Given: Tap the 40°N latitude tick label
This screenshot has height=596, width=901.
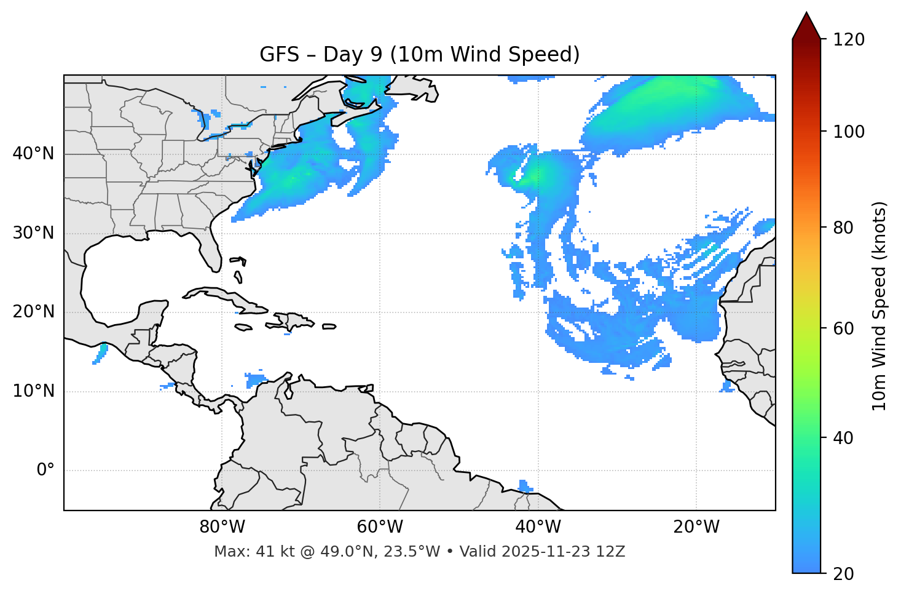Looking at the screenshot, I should coord(33,154).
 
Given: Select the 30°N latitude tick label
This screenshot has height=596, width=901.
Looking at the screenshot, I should coord(33,233).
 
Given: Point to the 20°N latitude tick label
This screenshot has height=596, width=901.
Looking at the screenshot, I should coord(33,312).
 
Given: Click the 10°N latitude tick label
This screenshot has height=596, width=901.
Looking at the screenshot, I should coord(33,391).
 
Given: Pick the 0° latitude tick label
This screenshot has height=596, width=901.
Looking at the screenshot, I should coord(45,471).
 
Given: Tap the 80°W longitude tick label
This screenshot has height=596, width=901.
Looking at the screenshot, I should coord(222,527).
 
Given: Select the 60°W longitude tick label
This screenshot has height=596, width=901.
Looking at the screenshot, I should coord(380,527).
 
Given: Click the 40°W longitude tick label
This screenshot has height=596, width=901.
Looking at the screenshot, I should coord(538,527).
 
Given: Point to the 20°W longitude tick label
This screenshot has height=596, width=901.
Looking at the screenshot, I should coord(696,527).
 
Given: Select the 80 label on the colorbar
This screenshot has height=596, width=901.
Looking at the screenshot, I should coord(846,228).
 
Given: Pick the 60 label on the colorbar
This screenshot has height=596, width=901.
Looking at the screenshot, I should coord(846,328).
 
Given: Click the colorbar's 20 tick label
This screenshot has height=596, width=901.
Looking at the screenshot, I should coord(846,573).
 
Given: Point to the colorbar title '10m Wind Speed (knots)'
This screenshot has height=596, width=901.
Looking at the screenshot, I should coord(879,306).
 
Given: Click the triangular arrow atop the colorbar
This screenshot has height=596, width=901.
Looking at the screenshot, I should coord(806,25).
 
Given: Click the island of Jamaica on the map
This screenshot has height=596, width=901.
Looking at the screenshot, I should coord(243,327).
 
